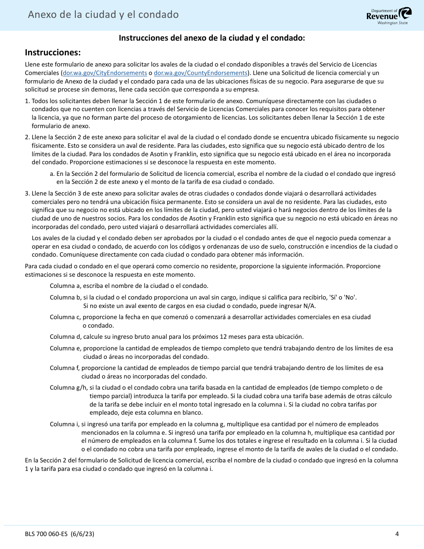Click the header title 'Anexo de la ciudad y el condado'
tap(103, 15)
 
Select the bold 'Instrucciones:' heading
tap(53, 52)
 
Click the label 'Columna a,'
tap(65, 286)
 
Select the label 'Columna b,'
tap(65, 297)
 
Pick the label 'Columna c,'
tap(65, 317)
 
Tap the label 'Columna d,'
tap(65, 337)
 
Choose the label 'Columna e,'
tap(65, 348)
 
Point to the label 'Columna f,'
tap(65, 368)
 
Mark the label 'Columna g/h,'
tap(68, 387)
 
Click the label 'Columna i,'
tap(64, 424)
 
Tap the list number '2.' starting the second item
tap(28, 137)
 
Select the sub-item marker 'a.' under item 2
tap(52, 174)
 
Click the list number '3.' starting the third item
tap(28, 193)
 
